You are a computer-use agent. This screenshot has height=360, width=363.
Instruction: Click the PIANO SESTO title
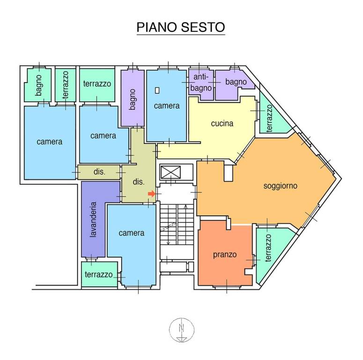pos(181,27)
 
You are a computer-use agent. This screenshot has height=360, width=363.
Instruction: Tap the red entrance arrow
pos(152,194)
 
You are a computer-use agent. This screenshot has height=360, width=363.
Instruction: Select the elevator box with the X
pos(170,172)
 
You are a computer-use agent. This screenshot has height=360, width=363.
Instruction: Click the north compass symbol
pos(182,330)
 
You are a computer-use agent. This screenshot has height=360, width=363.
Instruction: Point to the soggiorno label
pos(281,186)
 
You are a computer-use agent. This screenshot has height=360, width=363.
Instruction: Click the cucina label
pos(222,123)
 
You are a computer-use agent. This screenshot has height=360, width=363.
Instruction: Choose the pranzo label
pos(225,255)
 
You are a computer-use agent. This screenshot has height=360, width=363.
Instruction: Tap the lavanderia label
pos(93,219)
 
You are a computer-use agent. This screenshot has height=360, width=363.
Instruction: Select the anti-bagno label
pos(201,82)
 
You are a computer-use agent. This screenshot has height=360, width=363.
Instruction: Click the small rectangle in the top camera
pos(157,90)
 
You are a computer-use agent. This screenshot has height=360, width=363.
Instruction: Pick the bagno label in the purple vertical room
pos(132,99)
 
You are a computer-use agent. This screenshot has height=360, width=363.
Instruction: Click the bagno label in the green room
pos(39,85)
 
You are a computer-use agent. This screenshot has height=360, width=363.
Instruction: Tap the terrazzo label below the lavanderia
pos(99,275)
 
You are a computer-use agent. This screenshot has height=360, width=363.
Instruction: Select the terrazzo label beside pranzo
pos(268,248)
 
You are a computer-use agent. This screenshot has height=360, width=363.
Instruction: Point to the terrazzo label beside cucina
pos(269,119)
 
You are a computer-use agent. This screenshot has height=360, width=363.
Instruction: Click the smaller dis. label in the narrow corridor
pos(99,172)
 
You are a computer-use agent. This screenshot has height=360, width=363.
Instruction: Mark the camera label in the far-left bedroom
pos(50,142)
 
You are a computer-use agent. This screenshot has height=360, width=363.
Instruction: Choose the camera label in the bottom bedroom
pos(132,233)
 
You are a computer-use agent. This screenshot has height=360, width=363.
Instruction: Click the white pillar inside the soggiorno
pos(228,172)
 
